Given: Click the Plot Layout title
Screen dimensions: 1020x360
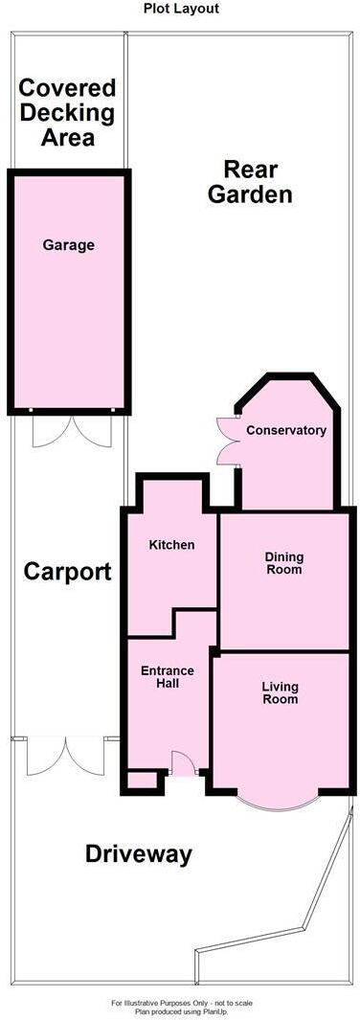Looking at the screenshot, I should click(181, 9).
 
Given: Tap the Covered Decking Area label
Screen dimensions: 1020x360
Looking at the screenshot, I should click(68, 113).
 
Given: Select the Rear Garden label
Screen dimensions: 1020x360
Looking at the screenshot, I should click(251, 182).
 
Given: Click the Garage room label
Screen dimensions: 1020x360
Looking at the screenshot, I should click(68, 245).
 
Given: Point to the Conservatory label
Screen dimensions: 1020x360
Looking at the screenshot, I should click(286, 430).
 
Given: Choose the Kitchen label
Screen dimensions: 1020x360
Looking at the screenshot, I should click(171, 545).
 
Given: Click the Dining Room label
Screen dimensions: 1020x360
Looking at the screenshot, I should click(284, 562).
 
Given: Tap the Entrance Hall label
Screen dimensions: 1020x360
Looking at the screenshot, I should click(168, 676).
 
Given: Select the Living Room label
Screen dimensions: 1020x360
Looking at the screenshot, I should click(280, 692).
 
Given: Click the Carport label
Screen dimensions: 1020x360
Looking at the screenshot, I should click(67, 573).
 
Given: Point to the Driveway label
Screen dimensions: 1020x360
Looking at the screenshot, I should click(139, 854).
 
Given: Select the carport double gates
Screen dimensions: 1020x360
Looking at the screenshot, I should click(64, 755).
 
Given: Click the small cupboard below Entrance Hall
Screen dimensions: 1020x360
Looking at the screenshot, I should click(142, 780).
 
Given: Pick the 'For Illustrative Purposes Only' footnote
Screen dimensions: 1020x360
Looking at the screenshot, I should click(180, 1003).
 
